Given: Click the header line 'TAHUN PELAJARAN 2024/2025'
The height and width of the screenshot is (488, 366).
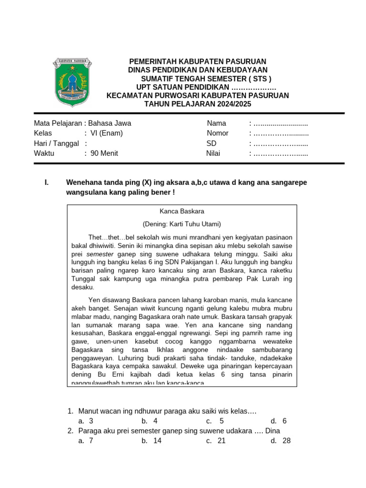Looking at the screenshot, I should tap(198, 104).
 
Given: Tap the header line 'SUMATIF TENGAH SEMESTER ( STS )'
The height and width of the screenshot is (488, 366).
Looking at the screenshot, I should tap(206, 79).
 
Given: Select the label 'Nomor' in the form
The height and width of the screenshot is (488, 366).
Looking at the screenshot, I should tap(217, 133).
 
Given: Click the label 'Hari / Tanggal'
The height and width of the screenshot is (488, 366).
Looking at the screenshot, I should tap(56, 143).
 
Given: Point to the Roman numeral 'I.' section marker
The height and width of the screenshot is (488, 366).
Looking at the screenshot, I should tap(46, 183).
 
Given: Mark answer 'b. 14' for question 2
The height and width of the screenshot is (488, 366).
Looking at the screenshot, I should tap(152, 441).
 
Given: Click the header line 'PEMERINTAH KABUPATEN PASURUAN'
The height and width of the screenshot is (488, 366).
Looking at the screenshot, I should tap(198, 62).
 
